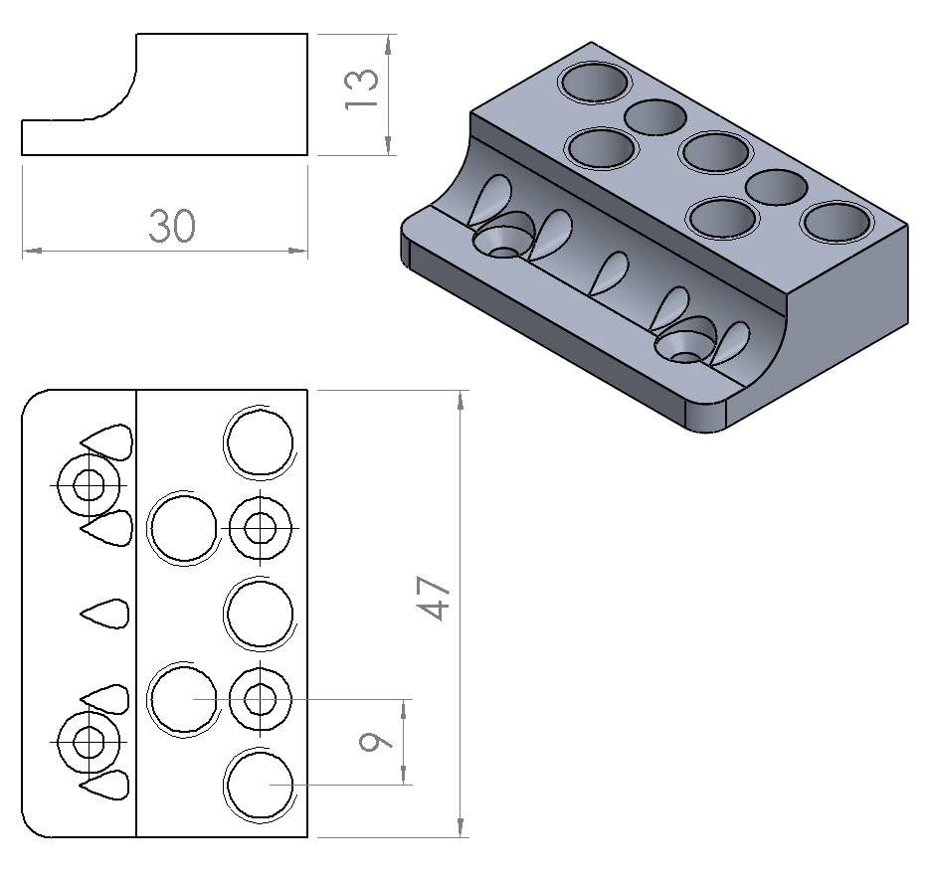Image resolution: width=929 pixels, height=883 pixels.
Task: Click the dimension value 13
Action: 361,88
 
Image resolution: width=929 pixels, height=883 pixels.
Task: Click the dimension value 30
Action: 172,226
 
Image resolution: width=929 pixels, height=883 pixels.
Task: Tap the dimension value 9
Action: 375,742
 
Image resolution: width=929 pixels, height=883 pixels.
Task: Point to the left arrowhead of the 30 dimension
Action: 33,251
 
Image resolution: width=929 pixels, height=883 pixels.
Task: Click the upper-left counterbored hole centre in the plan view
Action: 89,485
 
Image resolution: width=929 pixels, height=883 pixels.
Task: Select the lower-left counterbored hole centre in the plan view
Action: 89,742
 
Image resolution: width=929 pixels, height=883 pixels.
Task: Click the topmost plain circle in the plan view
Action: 260,441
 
